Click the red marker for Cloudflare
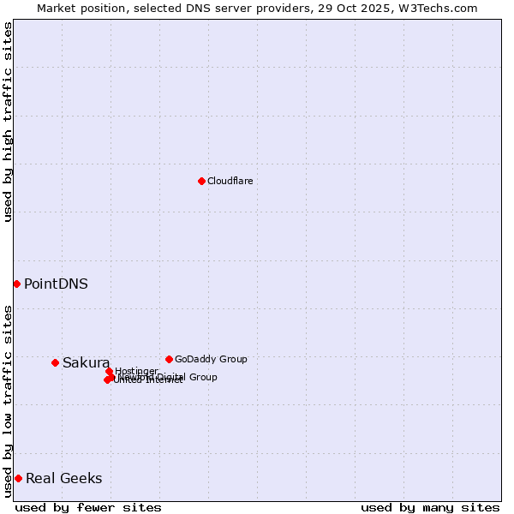201,181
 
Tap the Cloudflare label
230,181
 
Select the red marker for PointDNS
16,284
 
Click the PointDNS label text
56,284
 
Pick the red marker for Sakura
55,362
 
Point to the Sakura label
86,362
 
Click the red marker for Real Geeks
18,478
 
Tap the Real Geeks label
63,478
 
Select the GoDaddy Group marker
169,359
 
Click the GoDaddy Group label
211,359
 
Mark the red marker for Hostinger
109,371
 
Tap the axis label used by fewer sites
88,507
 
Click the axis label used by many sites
430,507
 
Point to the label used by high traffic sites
8,122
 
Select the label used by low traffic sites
8,401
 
